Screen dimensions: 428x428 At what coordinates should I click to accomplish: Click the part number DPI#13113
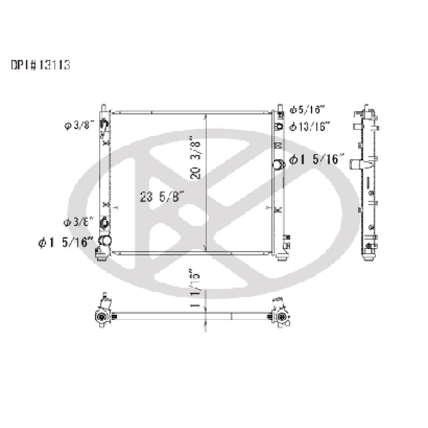coord(40,65)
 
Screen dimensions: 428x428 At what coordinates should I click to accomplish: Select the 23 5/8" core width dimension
coord(162,196)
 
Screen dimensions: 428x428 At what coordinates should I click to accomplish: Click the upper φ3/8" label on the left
coord(79,125)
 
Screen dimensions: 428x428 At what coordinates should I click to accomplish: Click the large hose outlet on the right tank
coord(279,164)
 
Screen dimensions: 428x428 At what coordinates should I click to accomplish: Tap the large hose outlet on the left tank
coord(105,241)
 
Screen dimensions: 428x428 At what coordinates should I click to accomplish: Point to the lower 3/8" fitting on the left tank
coord(104,223)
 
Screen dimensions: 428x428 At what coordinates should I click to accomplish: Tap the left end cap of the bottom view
coord(102,316)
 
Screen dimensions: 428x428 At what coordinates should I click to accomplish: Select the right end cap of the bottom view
coord(280,316)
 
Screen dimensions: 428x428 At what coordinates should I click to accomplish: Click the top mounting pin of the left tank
coord(104,107)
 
